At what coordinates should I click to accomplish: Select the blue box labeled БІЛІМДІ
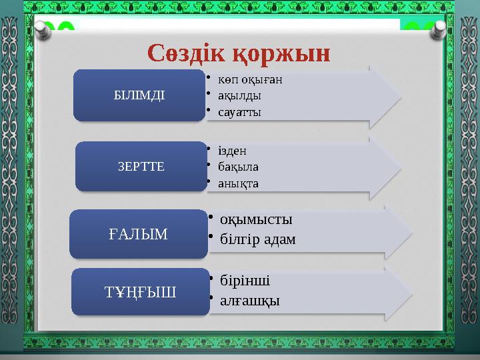coord(139,95)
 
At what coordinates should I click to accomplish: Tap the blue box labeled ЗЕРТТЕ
coord(141,165)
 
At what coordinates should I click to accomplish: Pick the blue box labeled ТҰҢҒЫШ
coord(139,292)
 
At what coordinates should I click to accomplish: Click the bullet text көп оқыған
coord(250,79)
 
